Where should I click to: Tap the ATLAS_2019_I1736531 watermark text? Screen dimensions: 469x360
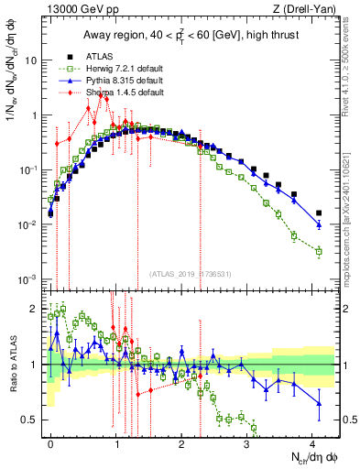coord(189,274)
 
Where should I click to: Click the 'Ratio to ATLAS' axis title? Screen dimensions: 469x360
coord(12,365)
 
